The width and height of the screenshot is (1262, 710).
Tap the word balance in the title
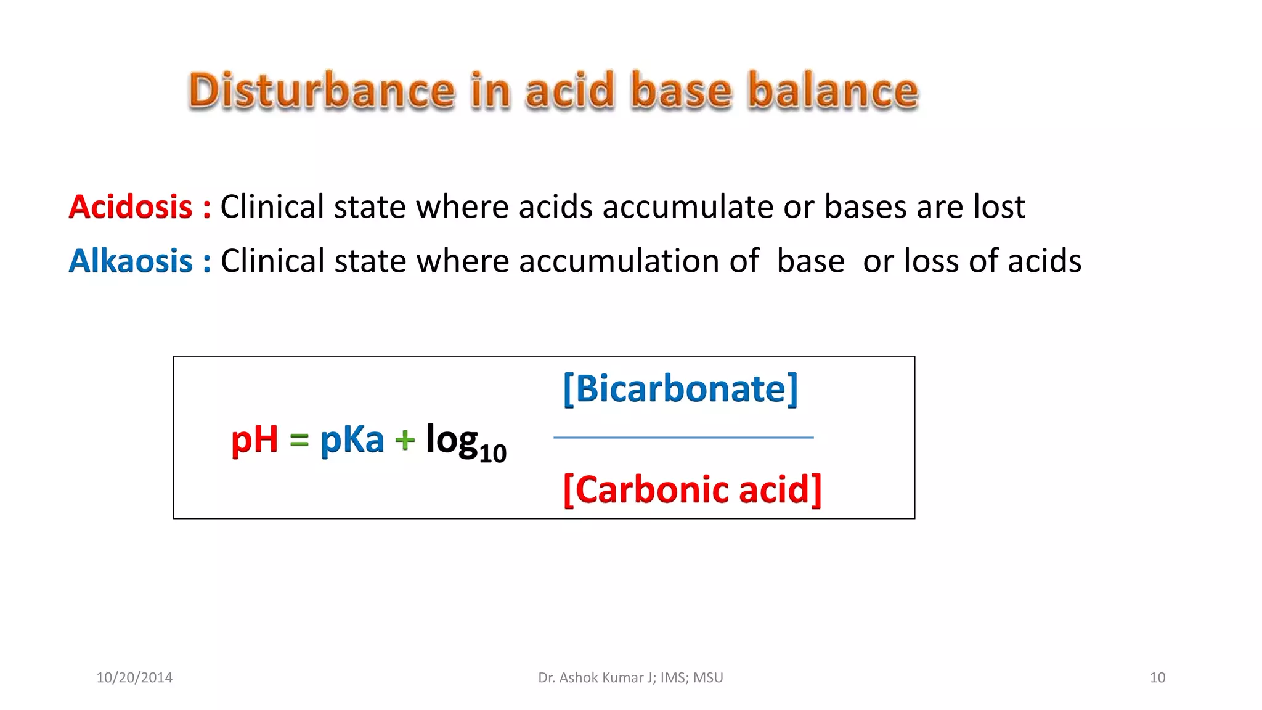pos(833,91)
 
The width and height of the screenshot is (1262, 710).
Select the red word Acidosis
pos(131,206)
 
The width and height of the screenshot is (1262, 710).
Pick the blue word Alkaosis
pos(131,261)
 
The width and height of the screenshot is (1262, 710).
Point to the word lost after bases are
pos(999,206)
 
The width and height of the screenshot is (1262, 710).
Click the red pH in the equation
pos(254,440)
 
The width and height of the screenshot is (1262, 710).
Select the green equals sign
pos(299,440)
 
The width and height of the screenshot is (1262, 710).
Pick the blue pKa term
pos(352,440)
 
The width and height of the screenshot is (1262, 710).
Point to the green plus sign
pos(405,440)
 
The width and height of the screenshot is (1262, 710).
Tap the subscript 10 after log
pos(492,454)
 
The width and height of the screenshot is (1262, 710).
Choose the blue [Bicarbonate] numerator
pos(680,389)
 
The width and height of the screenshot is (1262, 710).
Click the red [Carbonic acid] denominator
pos(692,490)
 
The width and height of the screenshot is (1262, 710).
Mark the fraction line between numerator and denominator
pos(683,438)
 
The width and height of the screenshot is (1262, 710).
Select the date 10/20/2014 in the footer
pos(134,678)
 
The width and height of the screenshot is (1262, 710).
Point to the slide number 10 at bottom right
pos(1157,678)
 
